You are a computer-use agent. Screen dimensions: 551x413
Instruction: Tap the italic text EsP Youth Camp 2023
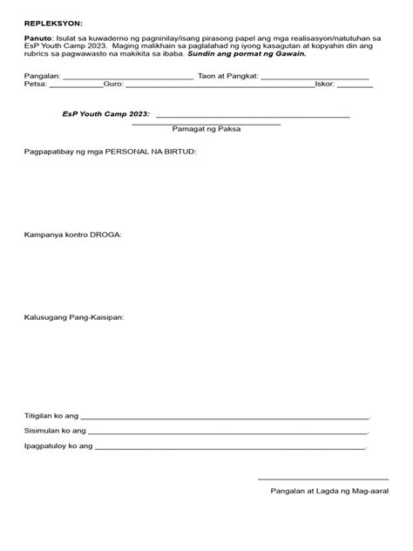(106, 114)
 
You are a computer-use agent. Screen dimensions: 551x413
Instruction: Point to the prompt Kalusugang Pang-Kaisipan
(74, 317)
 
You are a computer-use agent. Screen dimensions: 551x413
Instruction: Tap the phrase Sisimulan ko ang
(54, 431)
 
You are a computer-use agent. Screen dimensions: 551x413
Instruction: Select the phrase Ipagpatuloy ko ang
(58, 446)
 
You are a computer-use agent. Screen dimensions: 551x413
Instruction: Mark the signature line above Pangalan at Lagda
(322, 478)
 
